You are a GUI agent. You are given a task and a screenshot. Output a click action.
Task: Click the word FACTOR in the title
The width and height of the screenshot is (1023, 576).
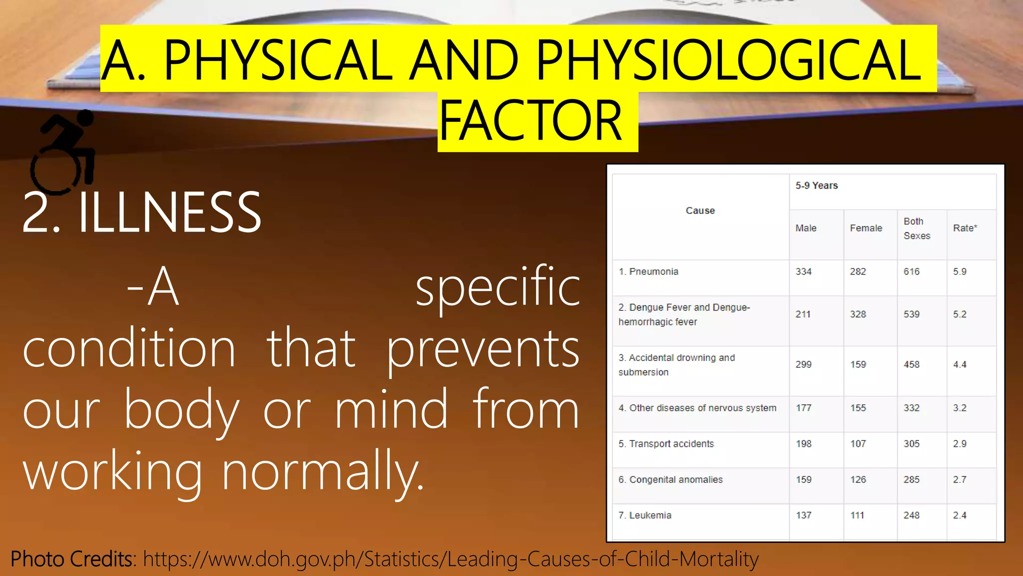530,121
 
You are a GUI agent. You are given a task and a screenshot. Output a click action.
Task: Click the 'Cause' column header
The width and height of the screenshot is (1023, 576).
700,210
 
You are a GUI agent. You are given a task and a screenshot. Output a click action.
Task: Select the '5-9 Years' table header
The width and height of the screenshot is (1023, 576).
816,185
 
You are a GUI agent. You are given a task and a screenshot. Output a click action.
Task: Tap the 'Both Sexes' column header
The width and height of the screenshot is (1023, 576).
917,228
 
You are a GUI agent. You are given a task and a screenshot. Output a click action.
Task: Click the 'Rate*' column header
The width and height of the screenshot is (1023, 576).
965,228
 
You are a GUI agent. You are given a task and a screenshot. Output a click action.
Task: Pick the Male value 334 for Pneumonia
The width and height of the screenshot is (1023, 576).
803,271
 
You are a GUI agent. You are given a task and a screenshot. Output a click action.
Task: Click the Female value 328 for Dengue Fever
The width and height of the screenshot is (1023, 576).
858,314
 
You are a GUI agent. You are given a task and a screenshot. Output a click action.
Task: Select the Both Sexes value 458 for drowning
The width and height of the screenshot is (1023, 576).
911,364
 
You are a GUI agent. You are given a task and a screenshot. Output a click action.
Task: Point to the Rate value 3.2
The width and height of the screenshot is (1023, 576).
959,408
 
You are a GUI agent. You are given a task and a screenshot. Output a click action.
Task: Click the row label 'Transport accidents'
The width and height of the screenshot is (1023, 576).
671,443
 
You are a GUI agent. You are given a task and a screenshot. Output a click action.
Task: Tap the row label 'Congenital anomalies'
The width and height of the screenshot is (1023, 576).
675,479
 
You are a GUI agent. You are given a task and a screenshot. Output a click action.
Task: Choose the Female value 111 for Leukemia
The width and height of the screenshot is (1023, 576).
857,515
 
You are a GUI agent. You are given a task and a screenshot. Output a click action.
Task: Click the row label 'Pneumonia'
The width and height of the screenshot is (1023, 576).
653,271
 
